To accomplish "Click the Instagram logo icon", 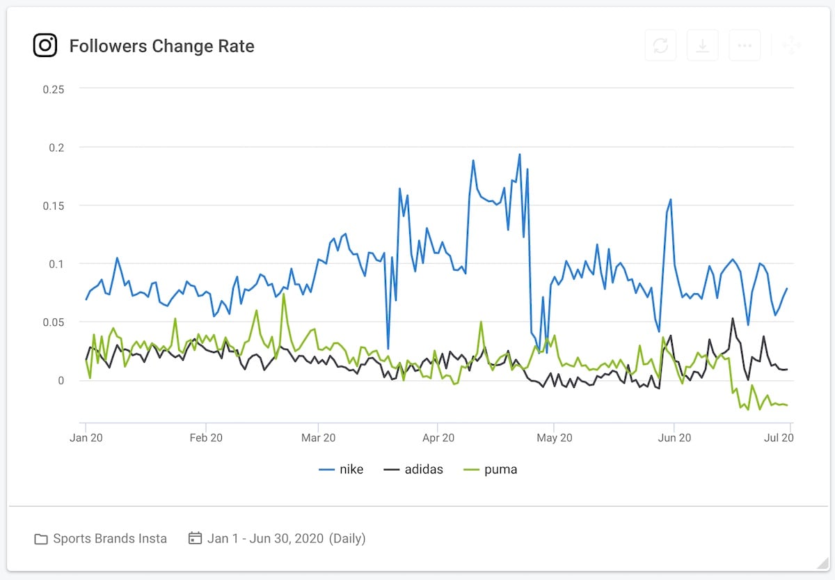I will (x=45, y=46).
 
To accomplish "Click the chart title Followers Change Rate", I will (x=161, y=47).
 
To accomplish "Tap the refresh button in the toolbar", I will (x=660, y=46).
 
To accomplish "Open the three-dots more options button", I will (x=745, y=46).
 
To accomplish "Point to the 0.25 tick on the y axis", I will (x=54, y=89).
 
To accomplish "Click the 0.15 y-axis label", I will (x=54, y=205).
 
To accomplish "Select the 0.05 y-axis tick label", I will (x=54, y=322).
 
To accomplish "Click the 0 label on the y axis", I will (x=61, y=380).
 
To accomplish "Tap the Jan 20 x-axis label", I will (x=86, y=438).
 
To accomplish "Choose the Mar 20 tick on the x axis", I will (x=318, y=438).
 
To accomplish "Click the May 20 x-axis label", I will (x=555, y=438).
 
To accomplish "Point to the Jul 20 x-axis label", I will (x=779, y=438).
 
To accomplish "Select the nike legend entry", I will (x=341, y=469).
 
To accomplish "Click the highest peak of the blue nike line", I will (x=519, y=155).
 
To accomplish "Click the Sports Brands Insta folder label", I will (x=110, y=538).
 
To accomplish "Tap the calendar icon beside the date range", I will (x=196, y=538).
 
